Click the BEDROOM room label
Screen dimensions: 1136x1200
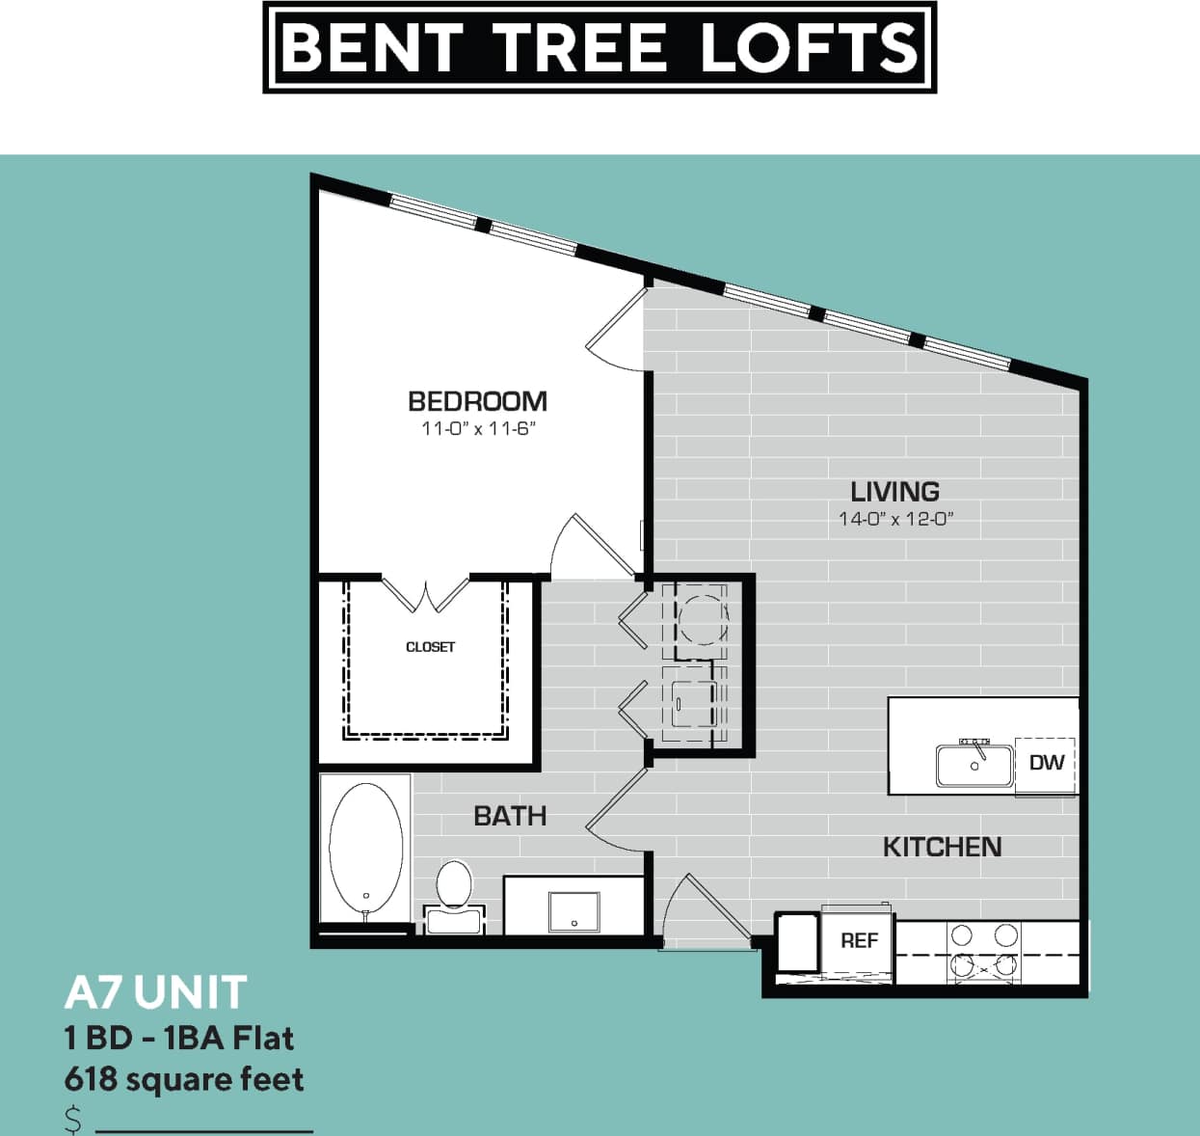[x=477, y=401]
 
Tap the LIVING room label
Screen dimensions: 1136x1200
[x=894, y=491]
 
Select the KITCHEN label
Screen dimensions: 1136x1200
[x=942, y=847]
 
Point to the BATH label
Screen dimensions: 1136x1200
[x=510, y=816]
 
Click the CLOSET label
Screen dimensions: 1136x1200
[x=430, y=647]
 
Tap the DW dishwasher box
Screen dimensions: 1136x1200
[x=1046, y=763]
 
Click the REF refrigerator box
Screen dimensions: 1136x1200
[x=858, y=940]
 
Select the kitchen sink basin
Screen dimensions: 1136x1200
[x=974, y=766]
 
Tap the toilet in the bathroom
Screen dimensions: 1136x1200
[x=453, y=893]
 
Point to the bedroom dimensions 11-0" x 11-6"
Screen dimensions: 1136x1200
[x=477, y=429]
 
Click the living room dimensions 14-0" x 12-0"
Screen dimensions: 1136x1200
[x=895, y=519]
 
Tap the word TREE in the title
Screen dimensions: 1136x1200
[x=579, y=47]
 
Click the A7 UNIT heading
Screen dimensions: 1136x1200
[x=156, y=992]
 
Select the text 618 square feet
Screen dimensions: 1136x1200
[x=184, y=1079]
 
